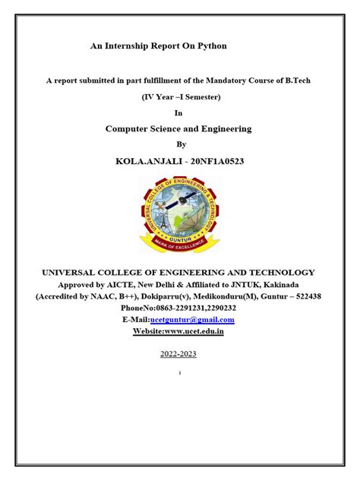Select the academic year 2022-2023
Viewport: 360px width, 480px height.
pyautogui.click(x=178, y=355)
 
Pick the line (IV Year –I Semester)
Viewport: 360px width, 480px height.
pyautogui.click(x=179, y=96)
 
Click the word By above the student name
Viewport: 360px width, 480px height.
pyautogui.click(x=180, y=144)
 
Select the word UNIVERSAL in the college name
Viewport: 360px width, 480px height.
pyautogui.click(x=74, y=272)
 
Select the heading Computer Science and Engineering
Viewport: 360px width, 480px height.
pyautogui.click(x=178, y=129)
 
